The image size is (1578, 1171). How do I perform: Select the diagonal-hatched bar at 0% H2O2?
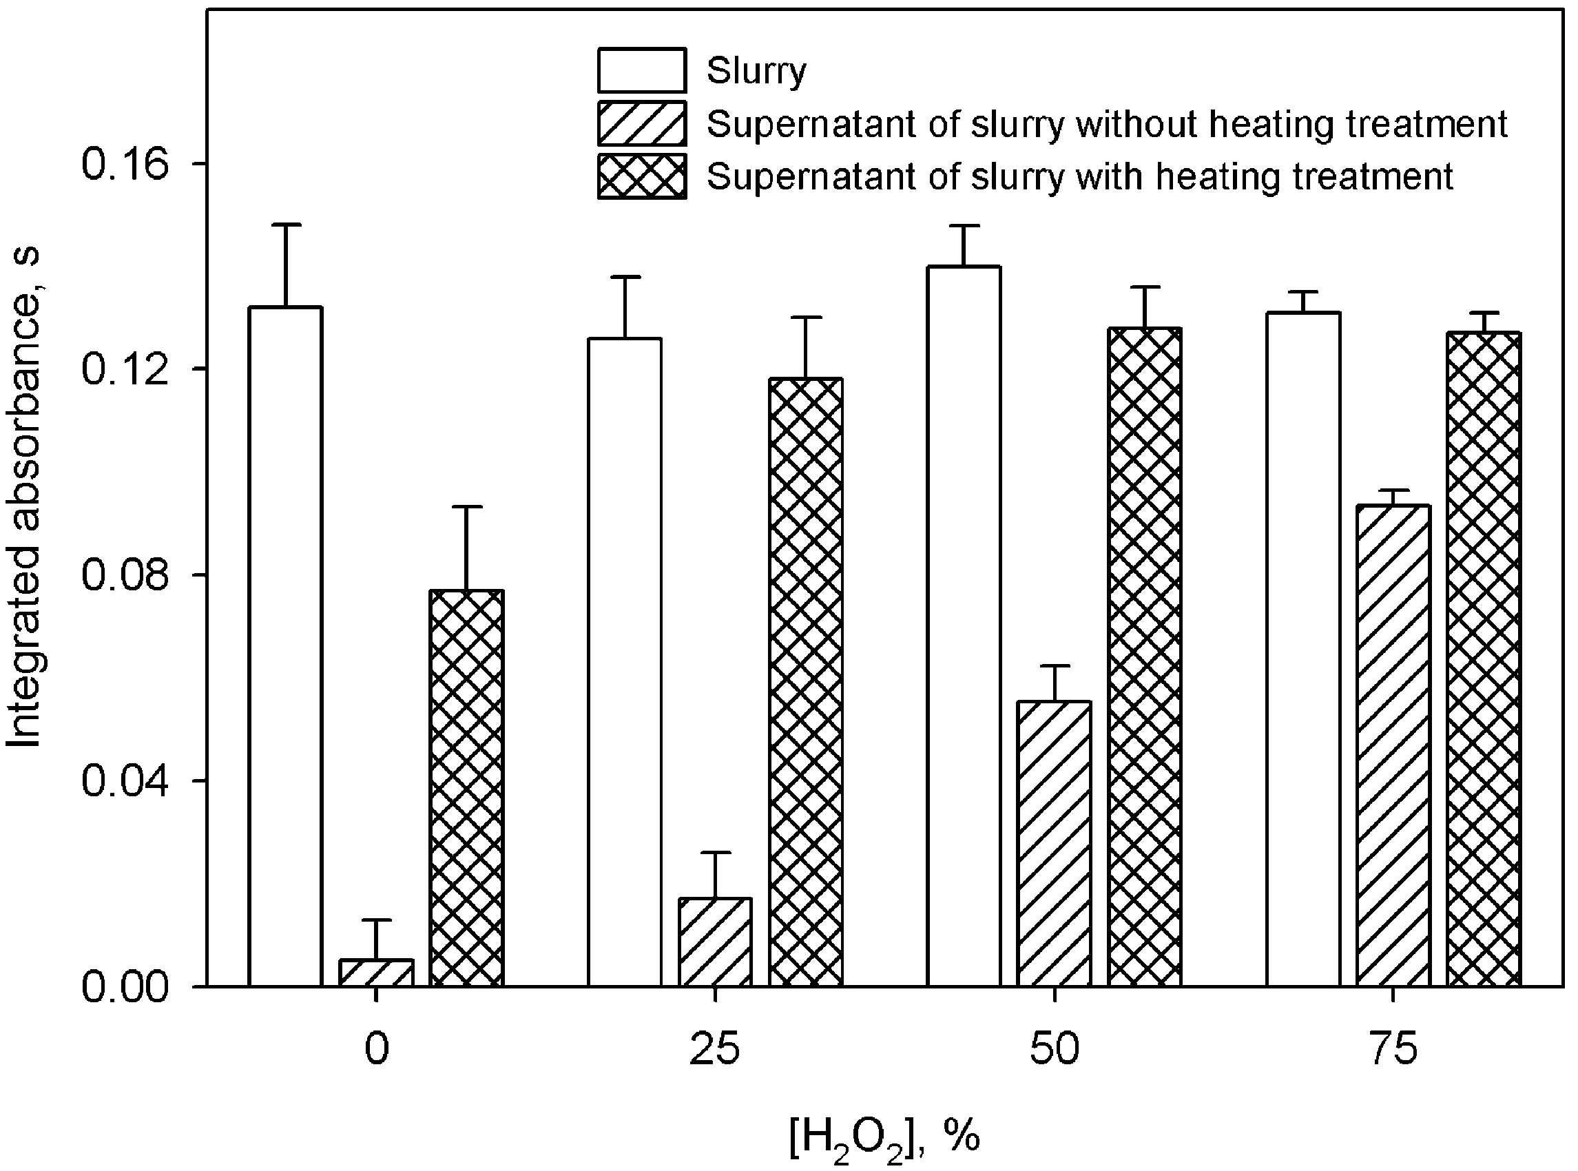377,973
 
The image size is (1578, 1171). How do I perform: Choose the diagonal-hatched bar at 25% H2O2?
715,942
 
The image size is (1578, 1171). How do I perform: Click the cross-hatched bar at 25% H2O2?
807,682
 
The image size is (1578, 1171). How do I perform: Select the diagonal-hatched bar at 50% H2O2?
1054,844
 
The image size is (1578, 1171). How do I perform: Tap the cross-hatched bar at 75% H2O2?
1484,659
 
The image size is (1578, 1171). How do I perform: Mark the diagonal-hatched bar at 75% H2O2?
1393,745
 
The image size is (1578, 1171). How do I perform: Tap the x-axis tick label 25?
714,1050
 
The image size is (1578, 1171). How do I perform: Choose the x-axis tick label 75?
1393,1050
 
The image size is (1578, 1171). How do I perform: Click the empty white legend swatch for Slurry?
641,70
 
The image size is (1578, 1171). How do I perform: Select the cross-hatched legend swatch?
641,176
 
